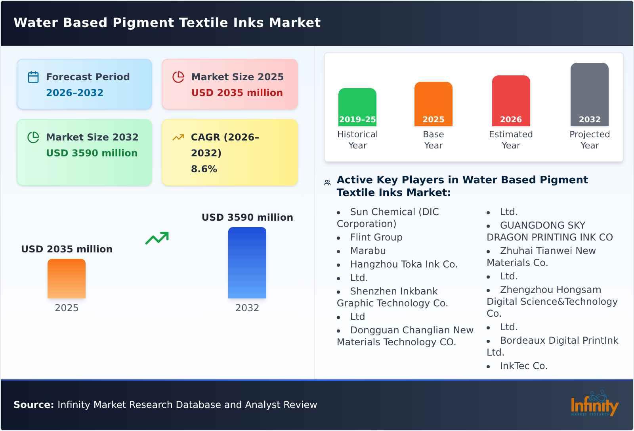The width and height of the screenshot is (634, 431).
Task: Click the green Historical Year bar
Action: pyautogui.click(x=357, y=107)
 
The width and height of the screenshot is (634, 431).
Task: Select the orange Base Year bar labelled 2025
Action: pyautogui.click(x=433, y=104)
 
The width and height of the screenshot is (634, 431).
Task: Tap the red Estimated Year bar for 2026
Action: pyautogui.click(x=511, y=101)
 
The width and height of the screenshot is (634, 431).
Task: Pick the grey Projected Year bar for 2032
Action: pyautogui.click(x=589, y=94)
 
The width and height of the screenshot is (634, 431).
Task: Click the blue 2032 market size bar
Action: pyautogui.click(x=247, y=263)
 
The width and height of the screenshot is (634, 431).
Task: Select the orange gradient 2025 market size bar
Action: pyautogui.click(x=67, y=279)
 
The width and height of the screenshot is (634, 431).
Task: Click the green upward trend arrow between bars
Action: pyautogui.click(x=157, y=238)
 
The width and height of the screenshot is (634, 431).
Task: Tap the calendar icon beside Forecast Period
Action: pyautogui.click(x=33, y=77)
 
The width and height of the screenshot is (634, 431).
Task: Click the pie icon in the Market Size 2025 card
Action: pyautogui.click(x=178, y=77)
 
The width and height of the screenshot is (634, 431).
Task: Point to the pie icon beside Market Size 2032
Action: pyautogui.click(x=33, y=137)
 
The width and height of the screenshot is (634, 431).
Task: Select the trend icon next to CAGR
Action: pyautogui.click(x=178, y=137)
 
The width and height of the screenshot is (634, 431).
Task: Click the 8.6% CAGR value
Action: pyautogui.click(x=204, y=169)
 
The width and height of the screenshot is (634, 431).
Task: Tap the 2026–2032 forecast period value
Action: pyautogui.click(x=74, y=93)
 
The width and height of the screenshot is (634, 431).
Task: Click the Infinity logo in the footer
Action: pyautogui.click(x=594, y=404)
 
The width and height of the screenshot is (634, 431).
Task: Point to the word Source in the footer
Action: pyautogui.click(x=33, y=405)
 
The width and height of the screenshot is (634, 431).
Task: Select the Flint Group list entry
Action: pyautogui.click(x=376, y=237)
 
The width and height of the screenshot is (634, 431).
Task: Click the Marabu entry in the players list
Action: pyautogui.click(x=368, y=251)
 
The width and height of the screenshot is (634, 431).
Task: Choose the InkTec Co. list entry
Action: pyautogui.click(x=523, y=366)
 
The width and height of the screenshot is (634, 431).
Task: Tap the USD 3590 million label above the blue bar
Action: pyautogui.click(x=247, y=217)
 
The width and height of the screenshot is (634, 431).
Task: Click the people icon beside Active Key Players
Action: pyautogui.click(x=327, y=183)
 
